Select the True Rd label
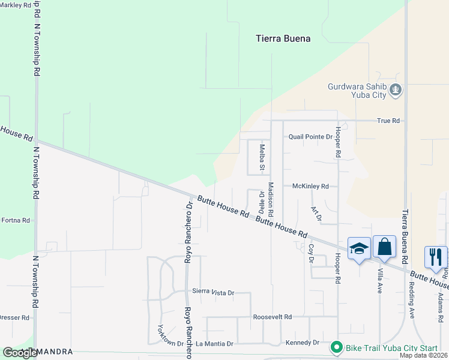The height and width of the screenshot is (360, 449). point(388,121)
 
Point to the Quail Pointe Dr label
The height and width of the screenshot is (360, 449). point(310,137)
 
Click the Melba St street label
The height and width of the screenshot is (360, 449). point(262,157)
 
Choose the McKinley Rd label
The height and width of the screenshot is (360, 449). point(310,187)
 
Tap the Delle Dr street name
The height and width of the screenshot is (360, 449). point(262,202)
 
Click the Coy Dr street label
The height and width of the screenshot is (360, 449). point(311,253)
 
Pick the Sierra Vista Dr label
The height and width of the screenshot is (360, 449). point(212,292)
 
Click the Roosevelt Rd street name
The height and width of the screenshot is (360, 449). point(272,317)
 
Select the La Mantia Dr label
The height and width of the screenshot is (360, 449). point(214,344)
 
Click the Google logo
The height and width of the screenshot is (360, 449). point(20,353)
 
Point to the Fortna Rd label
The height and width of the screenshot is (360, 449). point(15,220)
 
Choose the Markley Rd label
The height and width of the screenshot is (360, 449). point(16,5)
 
